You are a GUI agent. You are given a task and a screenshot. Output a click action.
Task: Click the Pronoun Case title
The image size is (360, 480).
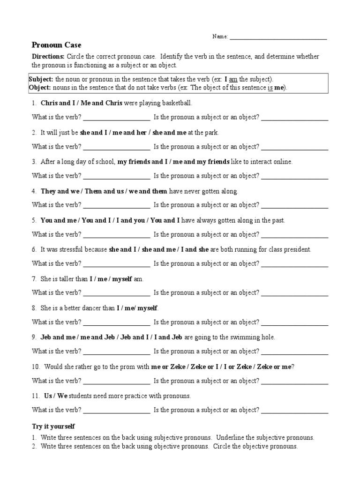pos(56,45)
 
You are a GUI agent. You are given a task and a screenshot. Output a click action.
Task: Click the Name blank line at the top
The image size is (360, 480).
pos(278,37)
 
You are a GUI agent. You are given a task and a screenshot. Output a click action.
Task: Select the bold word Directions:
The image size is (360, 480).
pos(48,57)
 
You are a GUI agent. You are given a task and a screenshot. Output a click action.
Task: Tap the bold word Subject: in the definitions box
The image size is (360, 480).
pos(41,80)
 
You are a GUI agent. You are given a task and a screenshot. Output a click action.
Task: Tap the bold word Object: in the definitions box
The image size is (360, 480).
pos(40,88)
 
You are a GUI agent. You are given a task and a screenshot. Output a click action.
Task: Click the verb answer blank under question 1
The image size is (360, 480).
pos(116,118)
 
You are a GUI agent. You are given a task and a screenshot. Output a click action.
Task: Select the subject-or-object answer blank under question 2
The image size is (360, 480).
pos(294,147)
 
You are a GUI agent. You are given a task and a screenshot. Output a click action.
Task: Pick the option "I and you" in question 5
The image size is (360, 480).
pos(133,220)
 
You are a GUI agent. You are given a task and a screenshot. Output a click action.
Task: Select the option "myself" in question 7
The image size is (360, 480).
pos(123,279)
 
